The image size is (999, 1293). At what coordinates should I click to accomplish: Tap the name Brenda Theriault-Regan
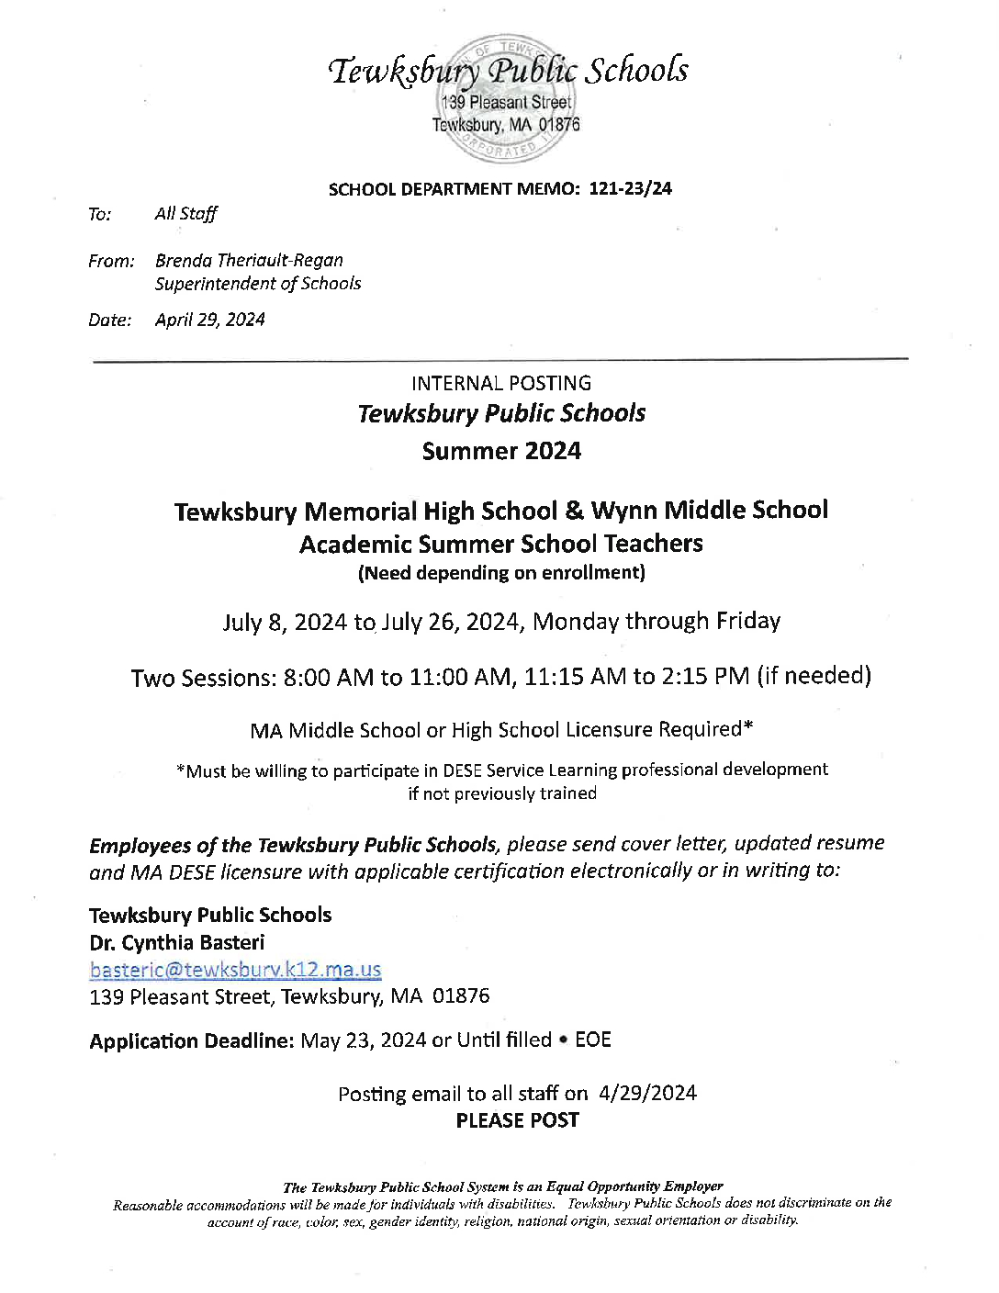click(249, 261)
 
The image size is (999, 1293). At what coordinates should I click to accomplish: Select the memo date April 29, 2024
click(209, 320)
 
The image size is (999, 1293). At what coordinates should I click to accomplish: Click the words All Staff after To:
click(185, 214)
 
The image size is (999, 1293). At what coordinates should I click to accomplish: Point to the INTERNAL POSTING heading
click(500, 384)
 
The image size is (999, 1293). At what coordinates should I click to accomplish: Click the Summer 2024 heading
click(501, 451)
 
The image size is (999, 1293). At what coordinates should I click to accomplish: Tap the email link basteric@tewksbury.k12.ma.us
click(235, 970)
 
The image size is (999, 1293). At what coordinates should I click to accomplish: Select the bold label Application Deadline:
click(191, 1040)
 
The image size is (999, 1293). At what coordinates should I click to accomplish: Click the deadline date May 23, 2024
click(363, 1040)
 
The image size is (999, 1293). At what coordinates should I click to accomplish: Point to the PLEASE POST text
click(517, 1120)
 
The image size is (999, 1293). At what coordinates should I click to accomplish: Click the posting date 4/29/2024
click(647, 1093)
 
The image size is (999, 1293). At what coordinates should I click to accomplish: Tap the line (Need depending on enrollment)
click(500, 573)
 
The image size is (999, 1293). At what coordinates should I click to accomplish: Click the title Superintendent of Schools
click(258, 284)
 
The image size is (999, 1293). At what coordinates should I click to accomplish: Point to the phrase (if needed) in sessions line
click(814, 677)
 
